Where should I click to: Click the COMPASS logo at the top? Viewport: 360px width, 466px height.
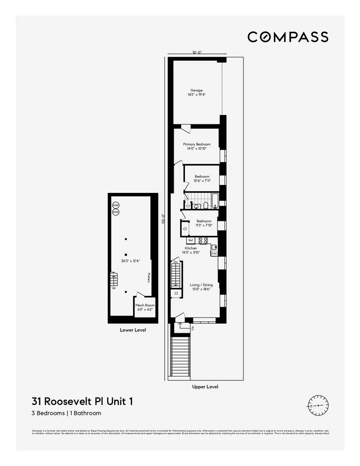(288, 37)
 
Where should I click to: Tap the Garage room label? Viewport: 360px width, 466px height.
(196, 90)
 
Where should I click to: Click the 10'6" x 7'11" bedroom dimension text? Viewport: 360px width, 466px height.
(202, 181)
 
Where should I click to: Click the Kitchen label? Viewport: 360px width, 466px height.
(191, 248)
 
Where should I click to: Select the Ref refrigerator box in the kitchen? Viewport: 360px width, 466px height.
(190, 240)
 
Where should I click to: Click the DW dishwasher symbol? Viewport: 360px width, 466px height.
(214, 254)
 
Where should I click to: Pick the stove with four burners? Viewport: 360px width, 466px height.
(203, 240)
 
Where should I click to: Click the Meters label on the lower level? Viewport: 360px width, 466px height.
(149, 278)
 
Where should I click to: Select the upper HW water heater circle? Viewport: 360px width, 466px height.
(115, 205)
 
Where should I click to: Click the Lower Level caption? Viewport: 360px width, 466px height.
(133, 330)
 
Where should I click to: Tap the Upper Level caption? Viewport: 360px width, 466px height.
(205, 387)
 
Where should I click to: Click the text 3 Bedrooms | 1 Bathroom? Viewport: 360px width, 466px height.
(66, 413)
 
